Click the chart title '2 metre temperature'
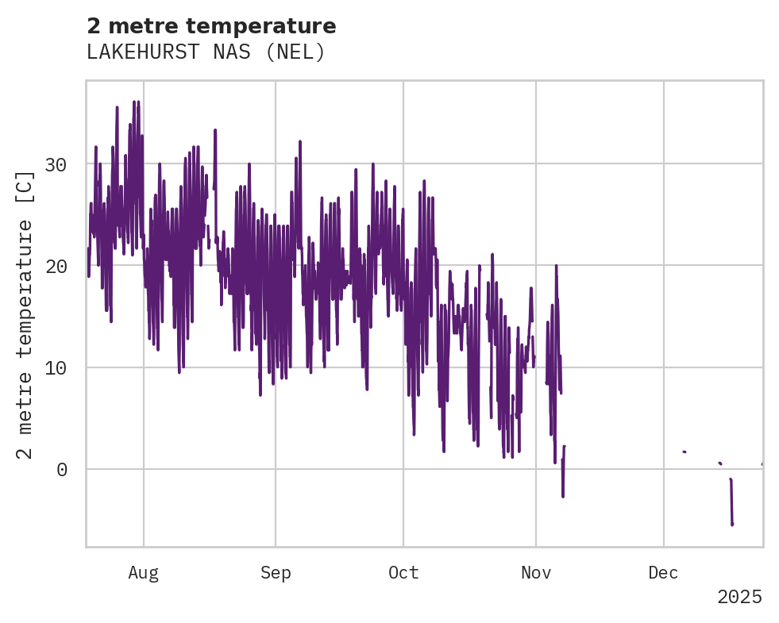point(211,26)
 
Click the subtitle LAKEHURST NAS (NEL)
point(206,52)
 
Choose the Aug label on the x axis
point(144,573)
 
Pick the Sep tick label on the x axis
point(276,573)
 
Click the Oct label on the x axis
point(403,573)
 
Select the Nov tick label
point(536,573)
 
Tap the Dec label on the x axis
point(663,573)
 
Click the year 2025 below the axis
point(739,597)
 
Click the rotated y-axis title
point(25,314)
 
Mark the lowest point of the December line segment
point(732,524)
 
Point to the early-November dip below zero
point(563,496)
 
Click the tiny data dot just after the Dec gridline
point(684,452)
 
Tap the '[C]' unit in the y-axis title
point(25,186)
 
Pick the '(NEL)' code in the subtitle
point(295,52)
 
